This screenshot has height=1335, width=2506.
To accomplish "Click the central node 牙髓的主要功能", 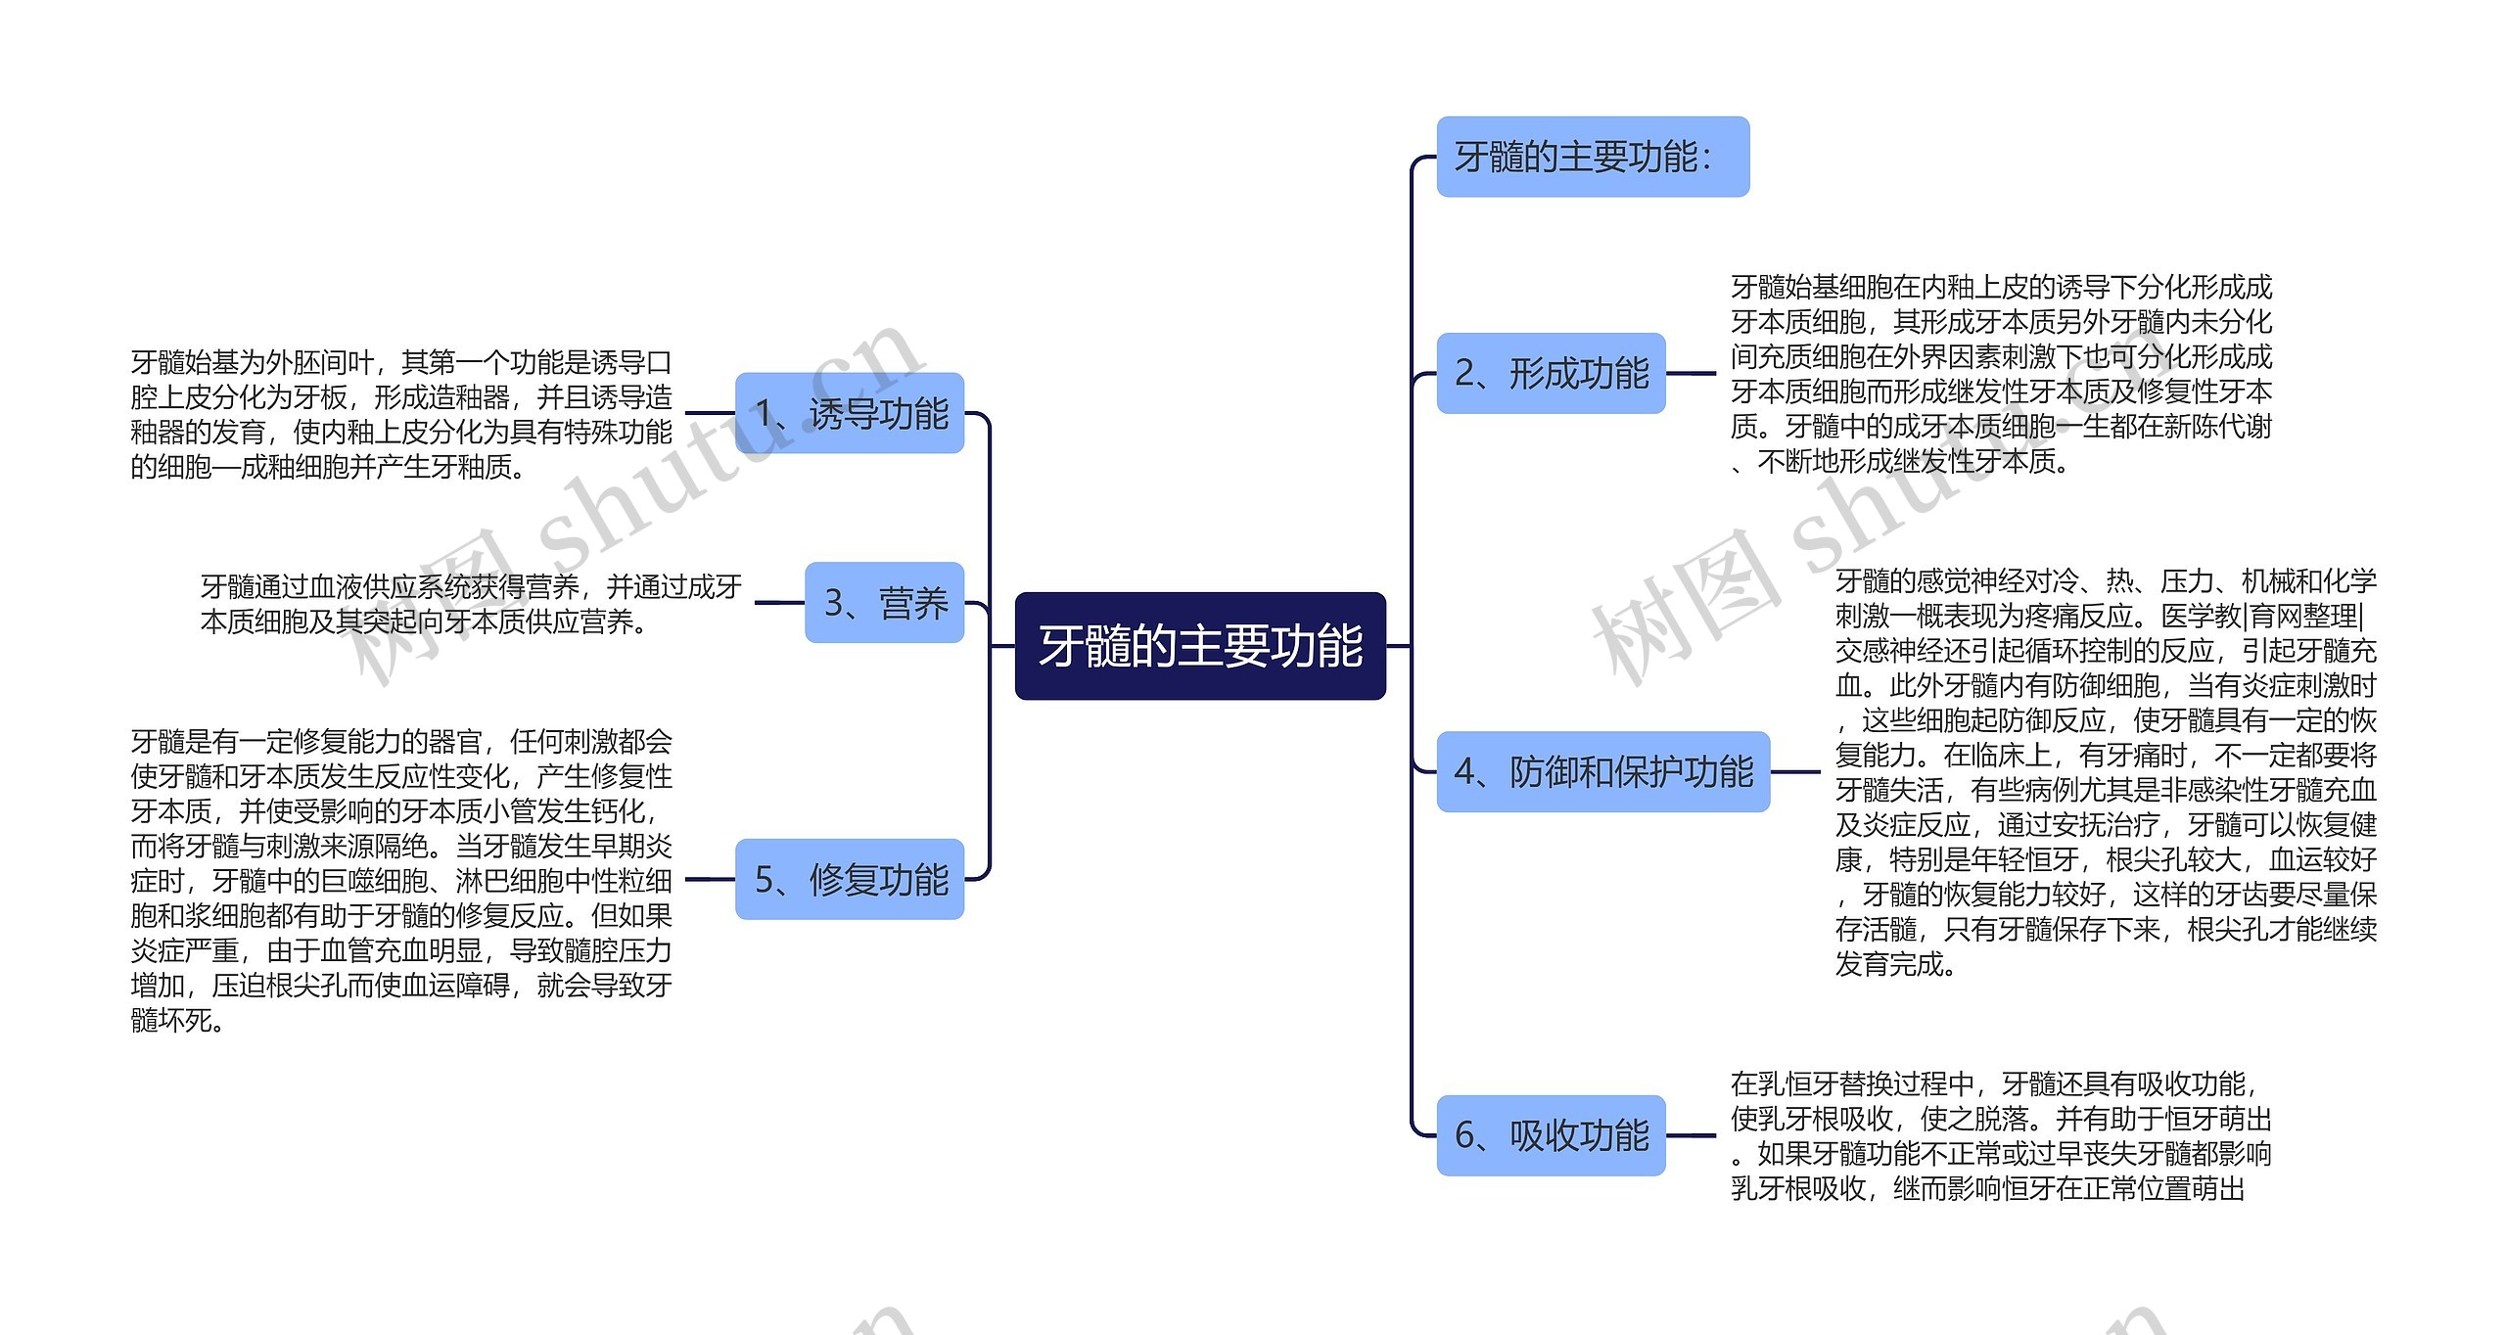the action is [x=1200, y=646].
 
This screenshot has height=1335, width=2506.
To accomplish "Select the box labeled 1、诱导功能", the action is [x=850, y=413].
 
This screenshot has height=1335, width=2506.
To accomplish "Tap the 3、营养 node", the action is [x=884, y=603].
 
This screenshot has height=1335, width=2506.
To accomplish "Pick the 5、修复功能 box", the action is [x=850, y=879].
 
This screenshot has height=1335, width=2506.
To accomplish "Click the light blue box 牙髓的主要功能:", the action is [x=1592, y=157].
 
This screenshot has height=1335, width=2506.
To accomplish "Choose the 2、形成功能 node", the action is [x=1551, y=373].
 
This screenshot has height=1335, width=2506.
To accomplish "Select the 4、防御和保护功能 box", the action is [x=1602, y=771].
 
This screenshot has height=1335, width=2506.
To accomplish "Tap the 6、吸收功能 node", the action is [x=1551, y=1135].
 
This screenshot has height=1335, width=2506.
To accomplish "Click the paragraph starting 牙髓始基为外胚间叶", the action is [x=401, y=414].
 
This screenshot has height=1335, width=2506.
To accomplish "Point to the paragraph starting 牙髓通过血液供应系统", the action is [x=471, y=604].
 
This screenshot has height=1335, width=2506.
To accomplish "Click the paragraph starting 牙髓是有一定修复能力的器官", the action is [x=401, y=880].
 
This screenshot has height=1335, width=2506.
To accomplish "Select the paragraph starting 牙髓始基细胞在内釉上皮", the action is [x=2001, y=374].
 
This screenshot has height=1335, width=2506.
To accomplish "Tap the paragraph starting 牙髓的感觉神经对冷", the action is [x=2106, y=772].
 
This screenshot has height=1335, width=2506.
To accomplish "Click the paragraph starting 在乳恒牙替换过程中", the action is [x=2001, y=1136].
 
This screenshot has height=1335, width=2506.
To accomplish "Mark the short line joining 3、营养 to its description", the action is [x=779, y=603].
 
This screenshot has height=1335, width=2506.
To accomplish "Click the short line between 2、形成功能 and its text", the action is [x=1691, y=373].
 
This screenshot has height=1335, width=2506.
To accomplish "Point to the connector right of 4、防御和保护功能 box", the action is [x=1795, y=771].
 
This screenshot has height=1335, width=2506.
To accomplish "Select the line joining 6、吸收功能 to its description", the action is [x=1691, y=1135].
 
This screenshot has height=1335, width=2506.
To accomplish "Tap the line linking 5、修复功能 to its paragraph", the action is [x=710, y=879].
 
